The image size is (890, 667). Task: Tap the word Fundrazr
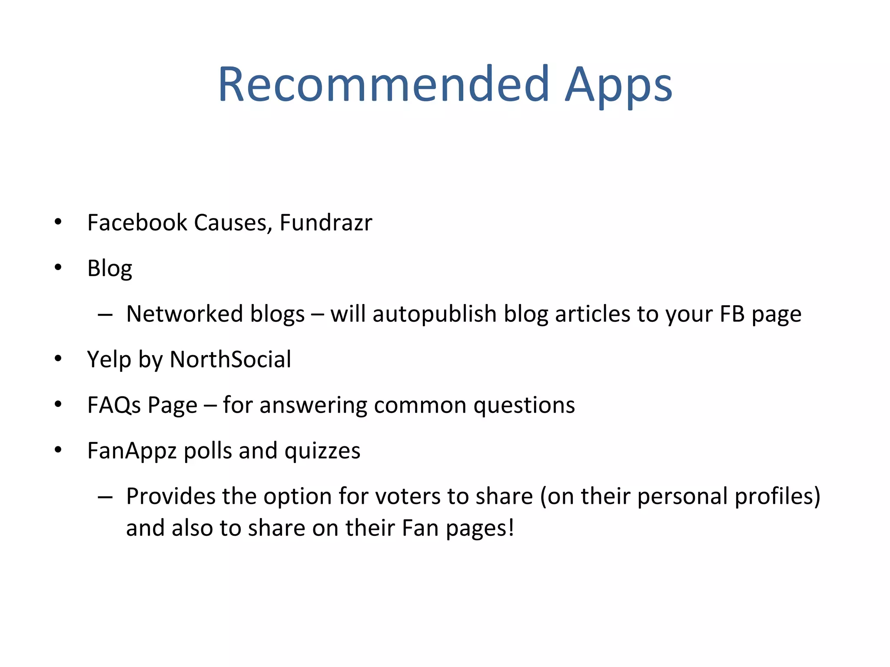tap(325, 223)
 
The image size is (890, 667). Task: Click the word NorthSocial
tap(230, 360)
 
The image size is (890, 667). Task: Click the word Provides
tap(170, 496)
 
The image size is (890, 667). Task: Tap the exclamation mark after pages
tap(511, 528)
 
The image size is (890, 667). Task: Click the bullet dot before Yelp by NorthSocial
tap(58, 359)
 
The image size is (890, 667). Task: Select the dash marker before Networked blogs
tap(105, 314)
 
